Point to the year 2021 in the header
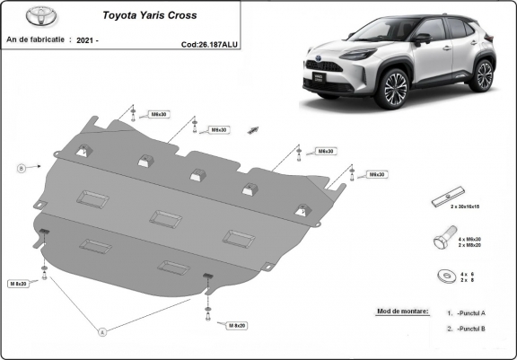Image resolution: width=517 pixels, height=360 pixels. [88, 40]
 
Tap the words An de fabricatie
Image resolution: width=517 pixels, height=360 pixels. [35, 40]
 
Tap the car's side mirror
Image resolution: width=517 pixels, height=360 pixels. [422, 39]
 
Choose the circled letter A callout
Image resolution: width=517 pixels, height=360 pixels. [103, 332]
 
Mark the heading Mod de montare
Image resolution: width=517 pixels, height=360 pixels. [398, 312]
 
